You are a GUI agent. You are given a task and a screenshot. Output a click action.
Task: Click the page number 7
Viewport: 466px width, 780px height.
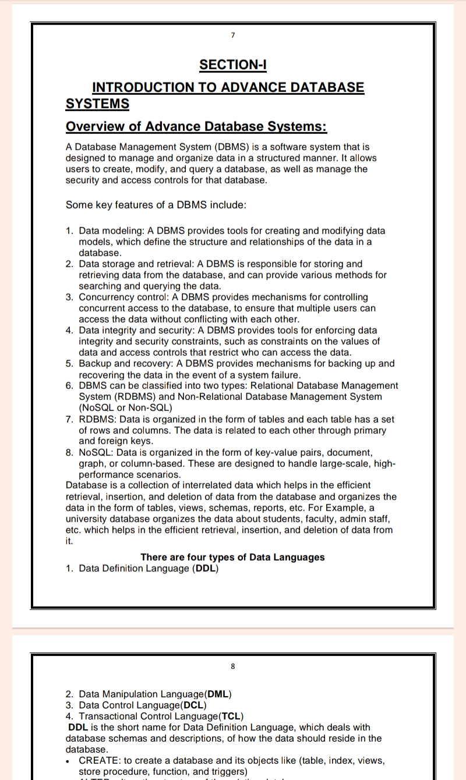point(232,36)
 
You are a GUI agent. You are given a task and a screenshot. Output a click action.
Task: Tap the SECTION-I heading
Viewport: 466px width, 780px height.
point(232,65)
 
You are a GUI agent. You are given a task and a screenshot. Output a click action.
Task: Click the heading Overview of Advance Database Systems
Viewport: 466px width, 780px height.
point(196,127)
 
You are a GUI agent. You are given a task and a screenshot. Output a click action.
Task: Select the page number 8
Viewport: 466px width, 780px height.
point(232,666)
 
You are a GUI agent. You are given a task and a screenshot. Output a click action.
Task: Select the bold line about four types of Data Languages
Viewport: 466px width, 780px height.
point(232,557)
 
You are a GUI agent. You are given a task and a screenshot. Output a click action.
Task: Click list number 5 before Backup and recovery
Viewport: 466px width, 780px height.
point(69,363)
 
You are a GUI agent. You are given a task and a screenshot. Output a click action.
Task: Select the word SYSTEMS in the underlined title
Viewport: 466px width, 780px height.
point(97,104)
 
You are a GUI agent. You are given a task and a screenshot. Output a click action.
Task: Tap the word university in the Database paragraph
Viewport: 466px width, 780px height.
point(88,518)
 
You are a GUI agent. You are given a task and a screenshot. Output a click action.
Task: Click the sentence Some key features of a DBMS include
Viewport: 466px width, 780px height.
point(156,205)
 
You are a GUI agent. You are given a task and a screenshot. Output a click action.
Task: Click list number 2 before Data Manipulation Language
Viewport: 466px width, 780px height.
point(69,694)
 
